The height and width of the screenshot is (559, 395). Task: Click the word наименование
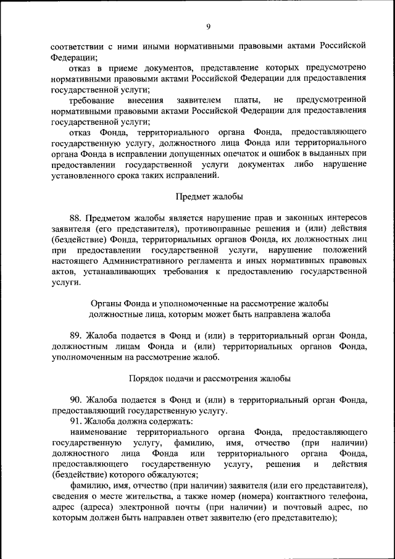(x=99, y=432)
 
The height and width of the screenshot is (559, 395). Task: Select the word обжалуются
(x=167, y=475)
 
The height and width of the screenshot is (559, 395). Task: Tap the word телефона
(x=343, y=497)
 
